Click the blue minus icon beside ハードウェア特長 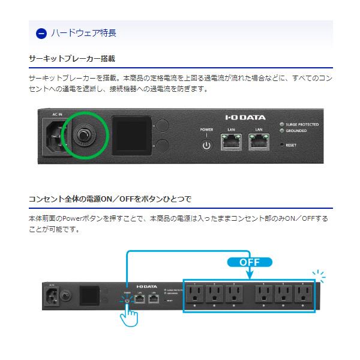(x=41, y=33)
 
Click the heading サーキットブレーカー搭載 (x=71, y=59)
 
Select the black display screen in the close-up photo (x=131, y=136)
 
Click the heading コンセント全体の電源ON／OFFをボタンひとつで (x=110, y=199)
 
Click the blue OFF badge (x=249, y=262)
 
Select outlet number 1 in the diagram (x=196, y=293)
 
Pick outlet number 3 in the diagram (x=235, y=293)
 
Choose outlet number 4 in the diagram (x=265, y=293)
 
